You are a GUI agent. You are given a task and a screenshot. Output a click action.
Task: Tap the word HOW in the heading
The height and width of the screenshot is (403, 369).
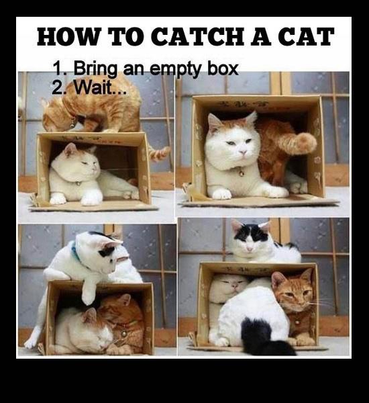click(68, 36)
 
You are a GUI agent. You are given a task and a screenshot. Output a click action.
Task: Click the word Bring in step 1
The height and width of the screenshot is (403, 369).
click(95, 69)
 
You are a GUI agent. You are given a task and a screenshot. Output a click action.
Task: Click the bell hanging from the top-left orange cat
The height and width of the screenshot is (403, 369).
click(72, 125)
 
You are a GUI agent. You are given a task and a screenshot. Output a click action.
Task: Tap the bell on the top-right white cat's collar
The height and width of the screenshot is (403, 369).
click(242, 173)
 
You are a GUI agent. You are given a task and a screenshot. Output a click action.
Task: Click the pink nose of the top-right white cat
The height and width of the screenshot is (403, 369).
click(243, 152)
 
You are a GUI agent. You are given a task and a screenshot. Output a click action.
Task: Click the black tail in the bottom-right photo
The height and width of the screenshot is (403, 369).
click(264, 337)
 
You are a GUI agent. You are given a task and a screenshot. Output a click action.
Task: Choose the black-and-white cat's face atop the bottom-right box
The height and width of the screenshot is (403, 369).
click(249, 239)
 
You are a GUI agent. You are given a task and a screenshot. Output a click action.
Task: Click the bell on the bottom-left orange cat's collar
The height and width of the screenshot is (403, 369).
click(124, 334)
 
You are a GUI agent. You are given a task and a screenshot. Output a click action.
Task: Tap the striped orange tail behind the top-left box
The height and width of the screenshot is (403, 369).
click(159, 153)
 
